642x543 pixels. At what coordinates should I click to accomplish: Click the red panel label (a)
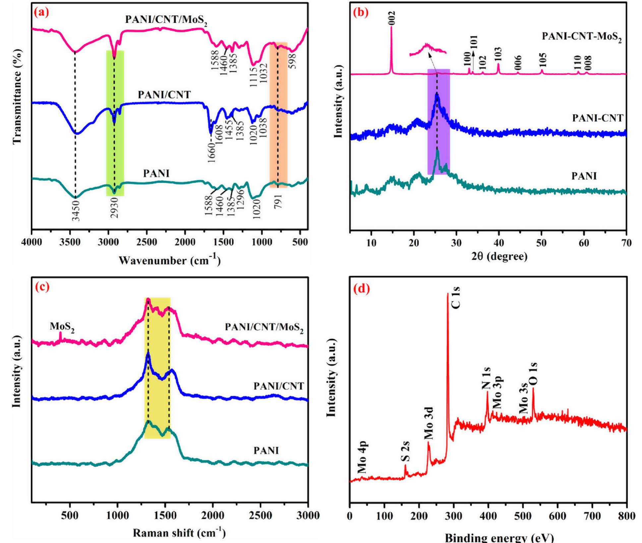tap(41, 13)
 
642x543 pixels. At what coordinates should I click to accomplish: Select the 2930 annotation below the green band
tap(115, 208)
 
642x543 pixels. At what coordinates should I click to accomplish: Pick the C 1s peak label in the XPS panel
tap(456, 298)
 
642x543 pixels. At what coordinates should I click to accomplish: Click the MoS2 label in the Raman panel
tap(62, 327)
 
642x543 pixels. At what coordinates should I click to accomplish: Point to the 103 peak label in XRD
tap(498, 54)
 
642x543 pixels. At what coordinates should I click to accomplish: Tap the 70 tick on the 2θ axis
tap(626, 243)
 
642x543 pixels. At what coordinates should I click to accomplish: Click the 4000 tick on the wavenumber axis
tap(32, 242)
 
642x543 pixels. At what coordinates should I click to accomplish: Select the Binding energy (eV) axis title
tap(499, 537)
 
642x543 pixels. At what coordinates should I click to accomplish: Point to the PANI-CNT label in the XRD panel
tap(598, 118)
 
